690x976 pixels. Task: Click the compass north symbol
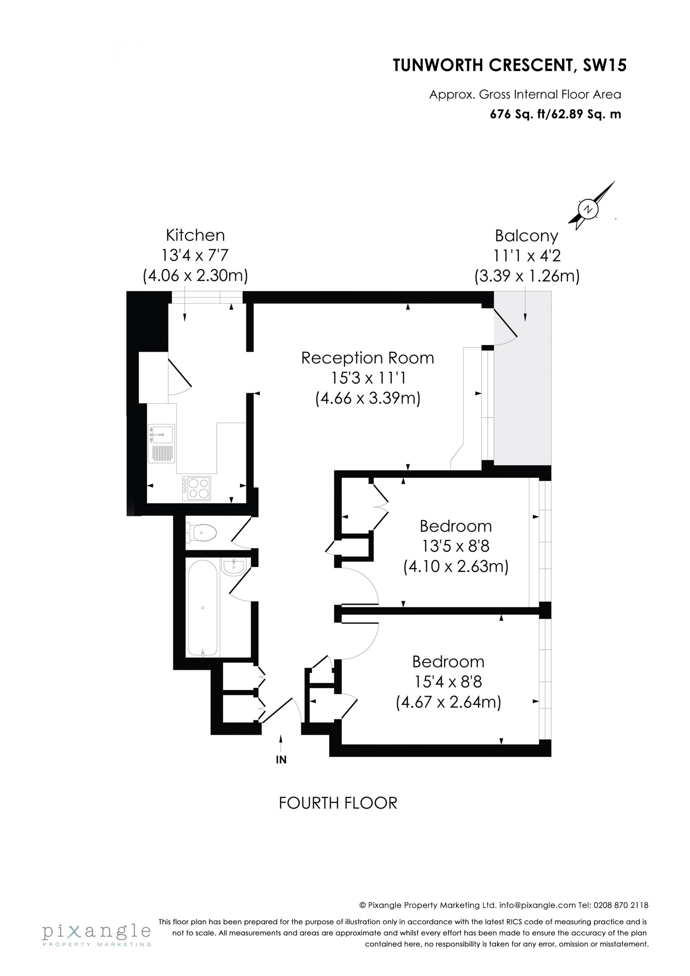588,209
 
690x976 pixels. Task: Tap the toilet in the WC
202,532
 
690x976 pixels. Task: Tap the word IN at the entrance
281,760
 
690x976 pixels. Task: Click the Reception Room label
368,358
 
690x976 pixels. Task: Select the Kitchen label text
195,235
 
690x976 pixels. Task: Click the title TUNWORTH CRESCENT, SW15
509,65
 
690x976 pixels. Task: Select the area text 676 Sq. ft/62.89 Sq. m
556,114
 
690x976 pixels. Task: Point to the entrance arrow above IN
281,743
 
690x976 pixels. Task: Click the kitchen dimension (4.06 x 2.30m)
195,276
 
